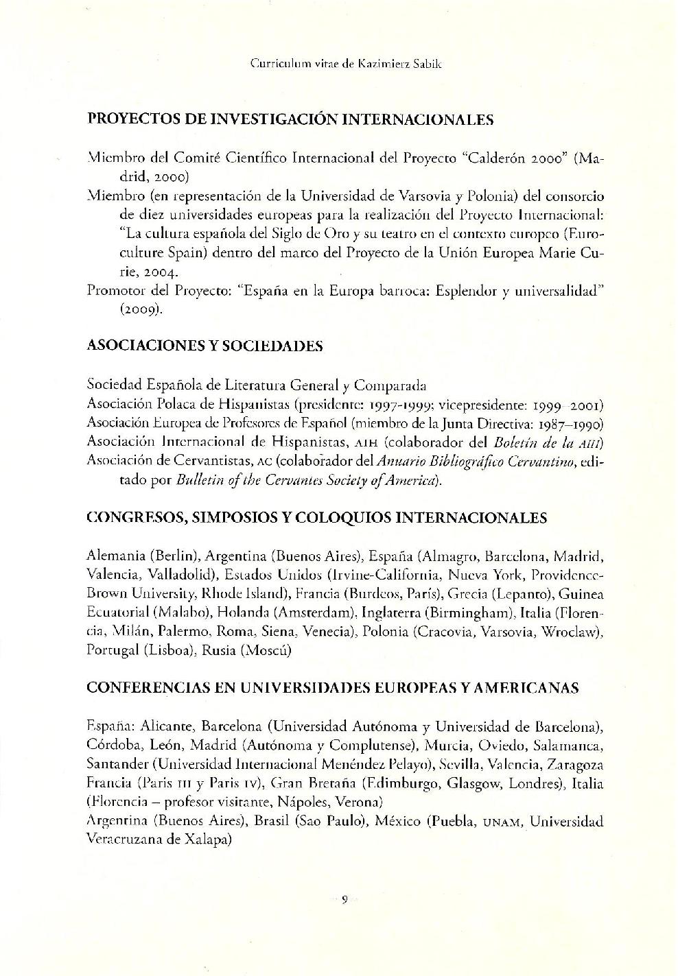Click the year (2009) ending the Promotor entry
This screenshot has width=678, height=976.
142,309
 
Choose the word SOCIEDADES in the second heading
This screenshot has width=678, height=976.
282,346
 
